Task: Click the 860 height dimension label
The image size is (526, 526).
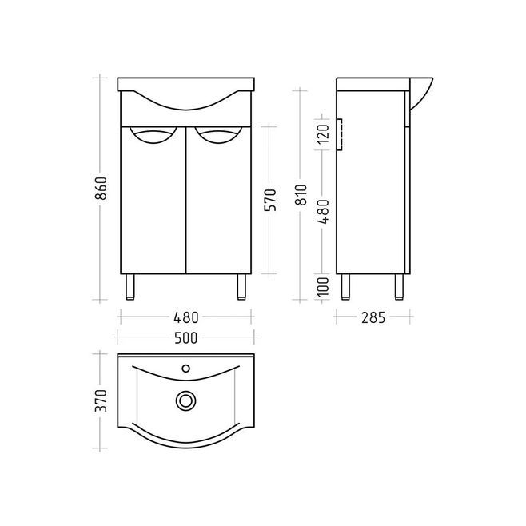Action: (x=101, y=189)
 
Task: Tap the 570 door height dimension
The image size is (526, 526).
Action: (x=270, y=201)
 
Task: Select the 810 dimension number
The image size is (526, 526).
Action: (x=301, y=195)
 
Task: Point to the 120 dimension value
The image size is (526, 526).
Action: (x=323, y=133)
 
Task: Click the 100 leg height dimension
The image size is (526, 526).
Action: (x=323, y=287)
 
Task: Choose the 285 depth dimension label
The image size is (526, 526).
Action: (x=373, y=317)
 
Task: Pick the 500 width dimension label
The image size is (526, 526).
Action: (x=185, y=338)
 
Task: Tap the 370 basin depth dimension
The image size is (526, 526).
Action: (x=101, y=400)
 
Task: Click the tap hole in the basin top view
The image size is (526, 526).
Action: (x=185, y=369)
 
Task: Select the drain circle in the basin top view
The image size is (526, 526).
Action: (x=185, y=400)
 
